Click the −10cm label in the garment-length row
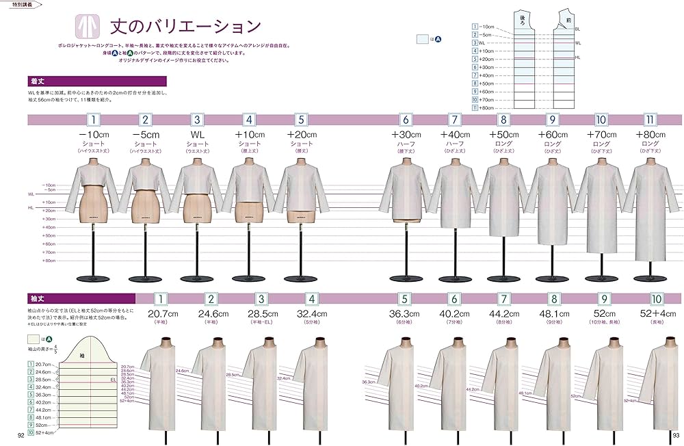pos(94,135)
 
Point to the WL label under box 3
pos(197,135)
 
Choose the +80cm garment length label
pos(650,135)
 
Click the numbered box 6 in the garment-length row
pos(405,119)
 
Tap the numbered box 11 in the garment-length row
pos(650,119)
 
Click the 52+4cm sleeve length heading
pos(656,314)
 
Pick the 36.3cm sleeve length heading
pos(405,314)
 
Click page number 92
pos(21,436)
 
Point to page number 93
pos(675,436)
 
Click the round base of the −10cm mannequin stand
pos(94,277)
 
